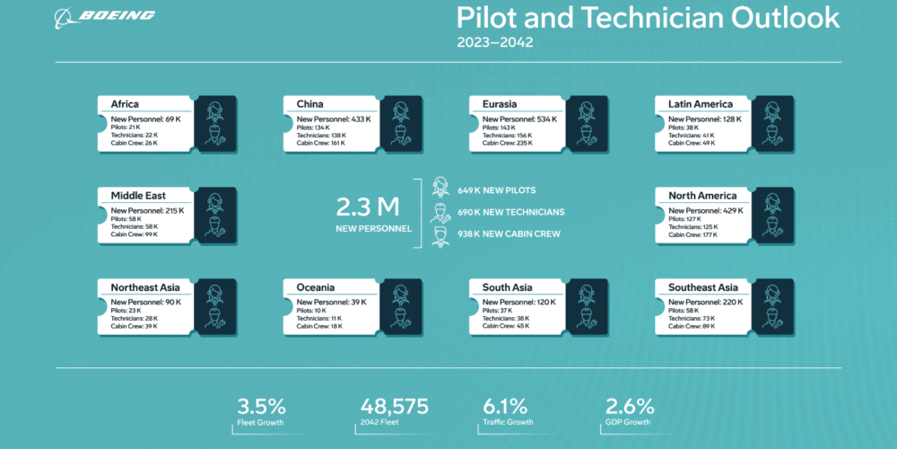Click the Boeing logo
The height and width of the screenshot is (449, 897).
pos(104,16)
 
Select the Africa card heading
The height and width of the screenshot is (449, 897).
pos(124,104)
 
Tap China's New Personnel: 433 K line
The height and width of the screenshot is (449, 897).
pos(334,119)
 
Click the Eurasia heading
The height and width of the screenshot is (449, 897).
pos(500,104)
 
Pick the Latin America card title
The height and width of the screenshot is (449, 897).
pos(700,104)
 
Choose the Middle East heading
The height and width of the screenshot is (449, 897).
pos(138,196)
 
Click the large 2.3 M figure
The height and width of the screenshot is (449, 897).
pos(367,207)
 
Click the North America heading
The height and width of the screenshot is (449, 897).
pos(702,196)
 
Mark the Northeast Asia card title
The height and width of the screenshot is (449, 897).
pos(145,287)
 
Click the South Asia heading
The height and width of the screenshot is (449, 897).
pos(509,287)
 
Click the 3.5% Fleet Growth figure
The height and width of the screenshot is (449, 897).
pos(261,406)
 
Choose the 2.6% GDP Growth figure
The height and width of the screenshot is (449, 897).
pos(630,406)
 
